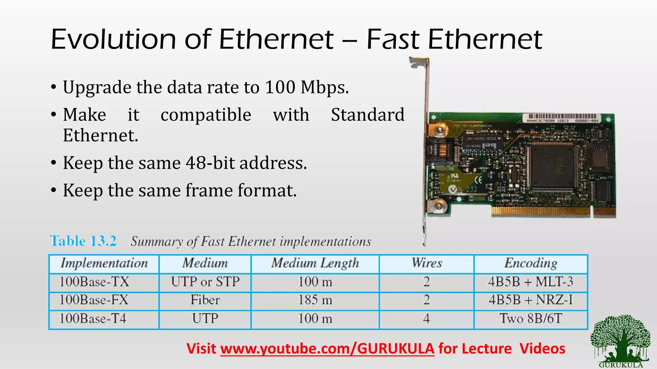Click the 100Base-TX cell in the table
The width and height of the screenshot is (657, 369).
94,282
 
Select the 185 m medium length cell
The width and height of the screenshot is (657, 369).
315,300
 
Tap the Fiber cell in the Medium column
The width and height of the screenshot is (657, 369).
205,300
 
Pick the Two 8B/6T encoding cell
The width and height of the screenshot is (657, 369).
531,319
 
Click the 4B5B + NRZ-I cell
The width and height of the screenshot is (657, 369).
531,300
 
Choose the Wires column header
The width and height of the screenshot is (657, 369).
427,263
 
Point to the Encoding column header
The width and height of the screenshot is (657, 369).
531,263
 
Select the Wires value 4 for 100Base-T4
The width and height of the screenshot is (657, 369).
426,319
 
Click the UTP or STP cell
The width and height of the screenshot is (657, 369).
205,282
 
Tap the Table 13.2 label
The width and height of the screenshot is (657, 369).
83,241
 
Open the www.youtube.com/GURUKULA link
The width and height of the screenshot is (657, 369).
327,348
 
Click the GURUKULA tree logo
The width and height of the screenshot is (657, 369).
620,340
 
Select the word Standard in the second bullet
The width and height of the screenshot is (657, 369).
368,115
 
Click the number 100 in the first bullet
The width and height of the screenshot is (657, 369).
280,87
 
